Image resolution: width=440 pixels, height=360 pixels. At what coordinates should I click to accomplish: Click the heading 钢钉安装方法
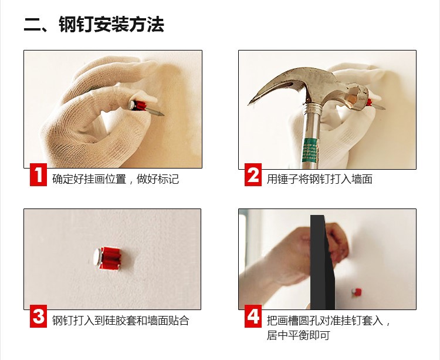[x=111, y=25]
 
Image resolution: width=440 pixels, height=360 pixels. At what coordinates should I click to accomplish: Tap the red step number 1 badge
[x=39, y=174]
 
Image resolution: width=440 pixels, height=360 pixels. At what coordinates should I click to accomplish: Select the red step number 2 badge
[x=253, y=174]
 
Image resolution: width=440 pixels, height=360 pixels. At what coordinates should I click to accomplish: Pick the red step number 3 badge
[x=39, y=316]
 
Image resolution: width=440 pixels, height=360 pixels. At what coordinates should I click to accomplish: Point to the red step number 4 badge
[x=253, y=316]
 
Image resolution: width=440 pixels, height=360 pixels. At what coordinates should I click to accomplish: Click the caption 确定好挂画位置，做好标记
[x=116, y=179]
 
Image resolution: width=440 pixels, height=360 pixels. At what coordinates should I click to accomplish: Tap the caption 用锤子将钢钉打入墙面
[x=319, y=179]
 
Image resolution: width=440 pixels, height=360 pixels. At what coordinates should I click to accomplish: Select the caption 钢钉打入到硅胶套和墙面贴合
[x=121, y=321]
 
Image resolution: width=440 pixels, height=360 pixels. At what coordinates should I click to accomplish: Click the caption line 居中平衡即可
[x=298, y=335]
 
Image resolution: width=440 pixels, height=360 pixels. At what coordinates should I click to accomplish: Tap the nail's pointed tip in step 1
[x=163, y=115]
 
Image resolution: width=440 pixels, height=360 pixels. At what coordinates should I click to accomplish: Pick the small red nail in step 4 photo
[x=357, y=292]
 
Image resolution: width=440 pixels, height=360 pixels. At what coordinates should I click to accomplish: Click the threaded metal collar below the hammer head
[x=312, y=108]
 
